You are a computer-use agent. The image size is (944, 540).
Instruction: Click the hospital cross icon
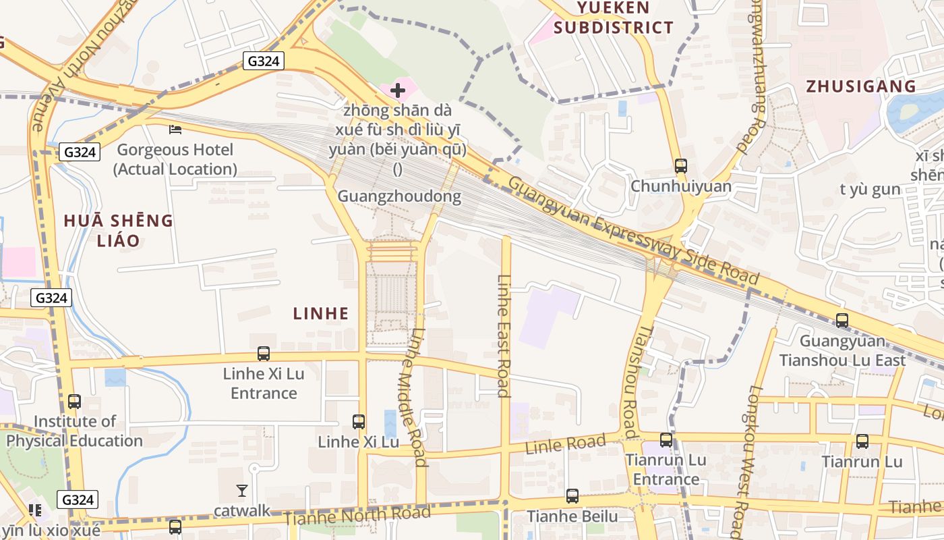(x=398, y=90)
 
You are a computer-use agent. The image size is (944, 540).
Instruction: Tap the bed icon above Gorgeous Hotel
(x=175, y=129)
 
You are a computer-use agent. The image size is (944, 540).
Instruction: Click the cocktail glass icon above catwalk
(x=242, y=490)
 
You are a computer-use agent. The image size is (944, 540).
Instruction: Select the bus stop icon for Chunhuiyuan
(x=681, y=165)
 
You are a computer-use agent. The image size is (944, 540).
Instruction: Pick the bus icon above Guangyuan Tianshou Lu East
(x=842, y=320)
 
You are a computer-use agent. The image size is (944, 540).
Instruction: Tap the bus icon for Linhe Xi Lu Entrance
(x=264, y=353)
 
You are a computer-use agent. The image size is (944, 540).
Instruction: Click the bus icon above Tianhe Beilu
(x=572, y=496)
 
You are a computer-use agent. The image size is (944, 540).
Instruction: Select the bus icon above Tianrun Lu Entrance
(x=666, y=440)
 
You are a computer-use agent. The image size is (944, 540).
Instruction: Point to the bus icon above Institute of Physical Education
(x=74, y=402)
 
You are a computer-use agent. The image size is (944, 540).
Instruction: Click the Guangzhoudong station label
(x=399, y=196)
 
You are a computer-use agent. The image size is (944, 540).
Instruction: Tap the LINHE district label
(x=321, y=313)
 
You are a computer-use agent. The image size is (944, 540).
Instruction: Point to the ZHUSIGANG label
(x=861, y=86)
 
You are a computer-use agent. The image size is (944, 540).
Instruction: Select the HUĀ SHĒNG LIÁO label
(x=119, y=230)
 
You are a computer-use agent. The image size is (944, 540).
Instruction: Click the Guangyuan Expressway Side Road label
(x=634, y=230)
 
